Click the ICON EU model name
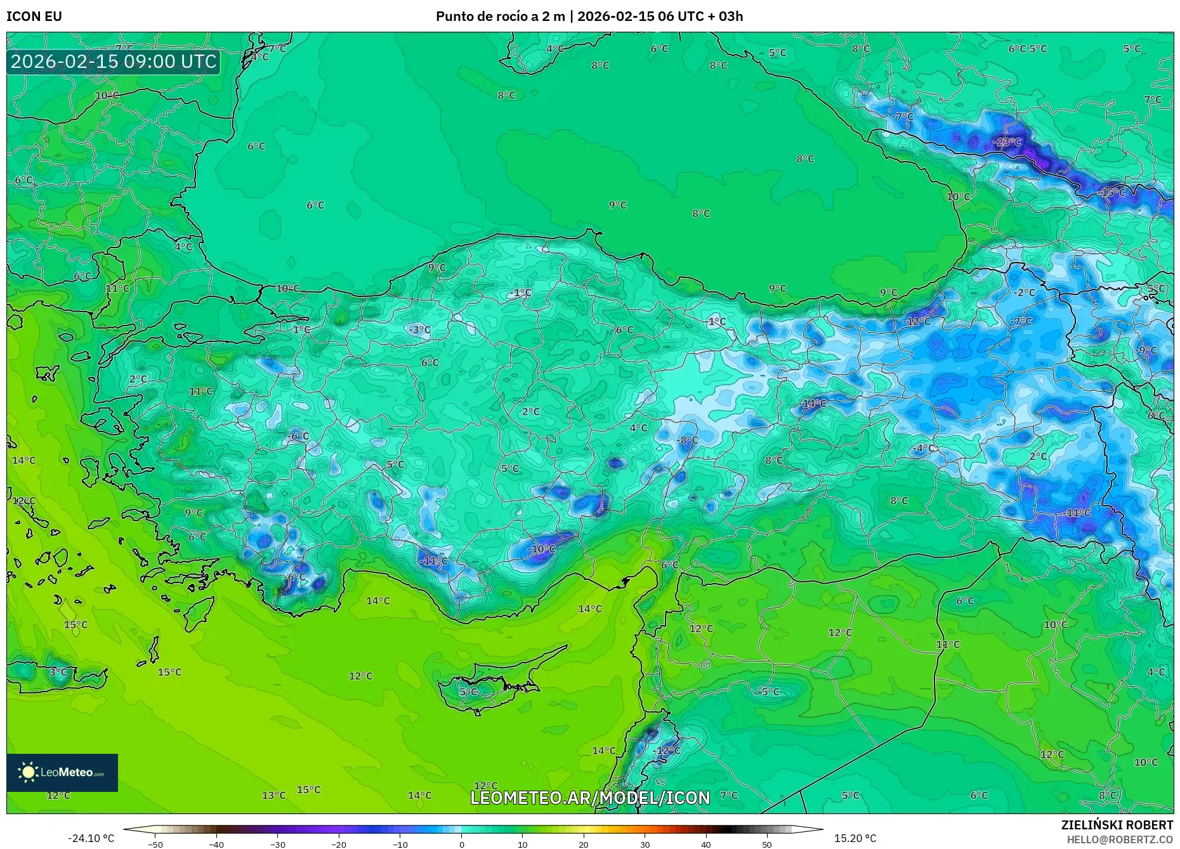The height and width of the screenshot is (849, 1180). [x=34, y=16]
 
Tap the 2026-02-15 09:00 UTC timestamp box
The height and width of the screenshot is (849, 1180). [x=114, y=62]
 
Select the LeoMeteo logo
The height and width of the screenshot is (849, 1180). [x=62, y=772]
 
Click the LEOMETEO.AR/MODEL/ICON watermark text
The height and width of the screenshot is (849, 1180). [x=590, y=798]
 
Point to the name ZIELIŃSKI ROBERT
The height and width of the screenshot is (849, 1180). [x=1117, y=825]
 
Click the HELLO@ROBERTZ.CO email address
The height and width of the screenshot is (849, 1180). [x=1120, y=839]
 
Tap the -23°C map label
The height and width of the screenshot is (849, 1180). [x=1007, y=141]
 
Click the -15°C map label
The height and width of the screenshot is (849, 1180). [x=1112, y=192]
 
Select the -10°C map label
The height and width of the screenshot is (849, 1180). [x=541, y=549]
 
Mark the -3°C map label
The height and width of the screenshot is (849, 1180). [x=419, y=329]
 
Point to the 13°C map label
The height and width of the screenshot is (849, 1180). [x=273, y=795]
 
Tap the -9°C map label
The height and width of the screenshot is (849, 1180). [x=1147, y=350]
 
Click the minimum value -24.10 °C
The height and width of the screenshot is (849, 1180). [x=91, y=838]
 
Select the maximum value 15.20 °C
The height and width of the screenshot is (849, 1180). [x=855, y=838]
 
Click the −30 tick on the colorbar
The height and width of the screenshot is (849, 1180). [x=278, y=844]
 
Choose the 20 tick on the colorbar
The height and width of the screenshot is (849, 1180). [x=584, y=844]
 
